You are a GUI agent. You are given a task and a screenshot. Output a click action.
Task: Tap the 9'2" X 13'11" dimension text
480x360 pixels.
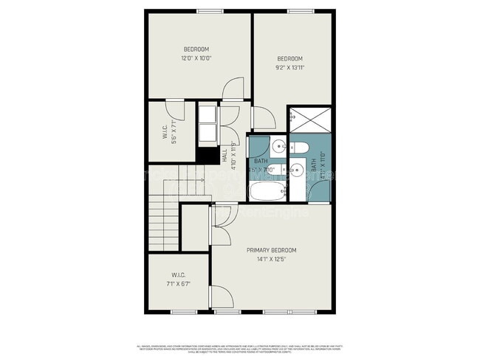point(289,67)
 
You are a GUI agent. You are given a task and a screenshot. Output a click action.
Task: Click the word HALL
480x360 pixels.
point(224,156)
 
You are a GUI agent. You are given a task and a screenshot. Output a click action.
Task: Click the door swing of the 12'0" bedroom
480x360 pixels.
point(231,89)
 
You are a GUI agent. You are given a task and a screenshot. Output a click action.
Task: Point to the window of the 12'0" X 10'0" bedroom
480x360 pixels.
point(210,11)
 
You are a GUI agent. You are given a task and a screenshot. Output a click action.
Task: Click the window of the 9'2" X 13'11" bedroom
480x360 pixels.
point(298,11)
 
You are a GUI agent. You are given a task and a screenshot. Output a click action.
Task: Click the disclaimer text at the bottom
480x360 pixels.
point(240,347)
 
